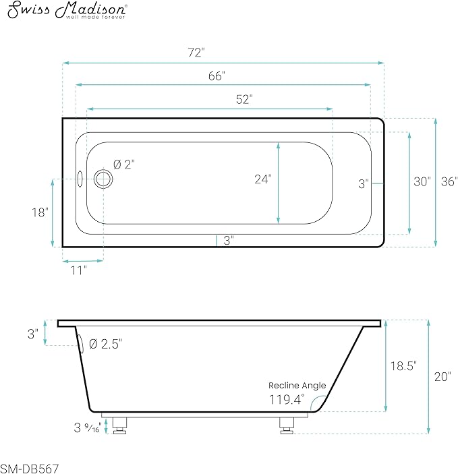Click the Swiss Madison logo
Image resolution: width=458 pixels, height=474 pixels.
[67, 11]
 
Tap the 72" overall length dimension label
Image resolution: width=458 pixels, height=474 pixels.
[196, 53]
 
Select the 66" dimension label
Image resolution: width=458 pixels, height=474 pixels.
[217, 76]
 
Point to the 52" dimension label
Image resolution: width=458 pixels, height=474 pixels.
[244, 99]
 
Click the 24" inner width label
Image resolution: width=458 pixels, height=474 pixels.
[263, 179]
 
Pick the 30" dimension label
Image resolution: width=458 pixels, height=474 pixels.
[422, 181]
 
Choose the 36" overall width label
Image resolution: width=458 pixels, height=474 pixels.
[449, 181]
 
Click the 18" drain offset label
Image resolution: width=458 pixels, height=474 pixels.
[40, 212]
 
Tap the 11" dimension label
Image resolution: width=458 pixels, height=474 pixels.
[78, 270]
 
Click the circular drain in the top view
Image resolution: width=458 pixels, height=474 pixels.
[103, 179]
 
